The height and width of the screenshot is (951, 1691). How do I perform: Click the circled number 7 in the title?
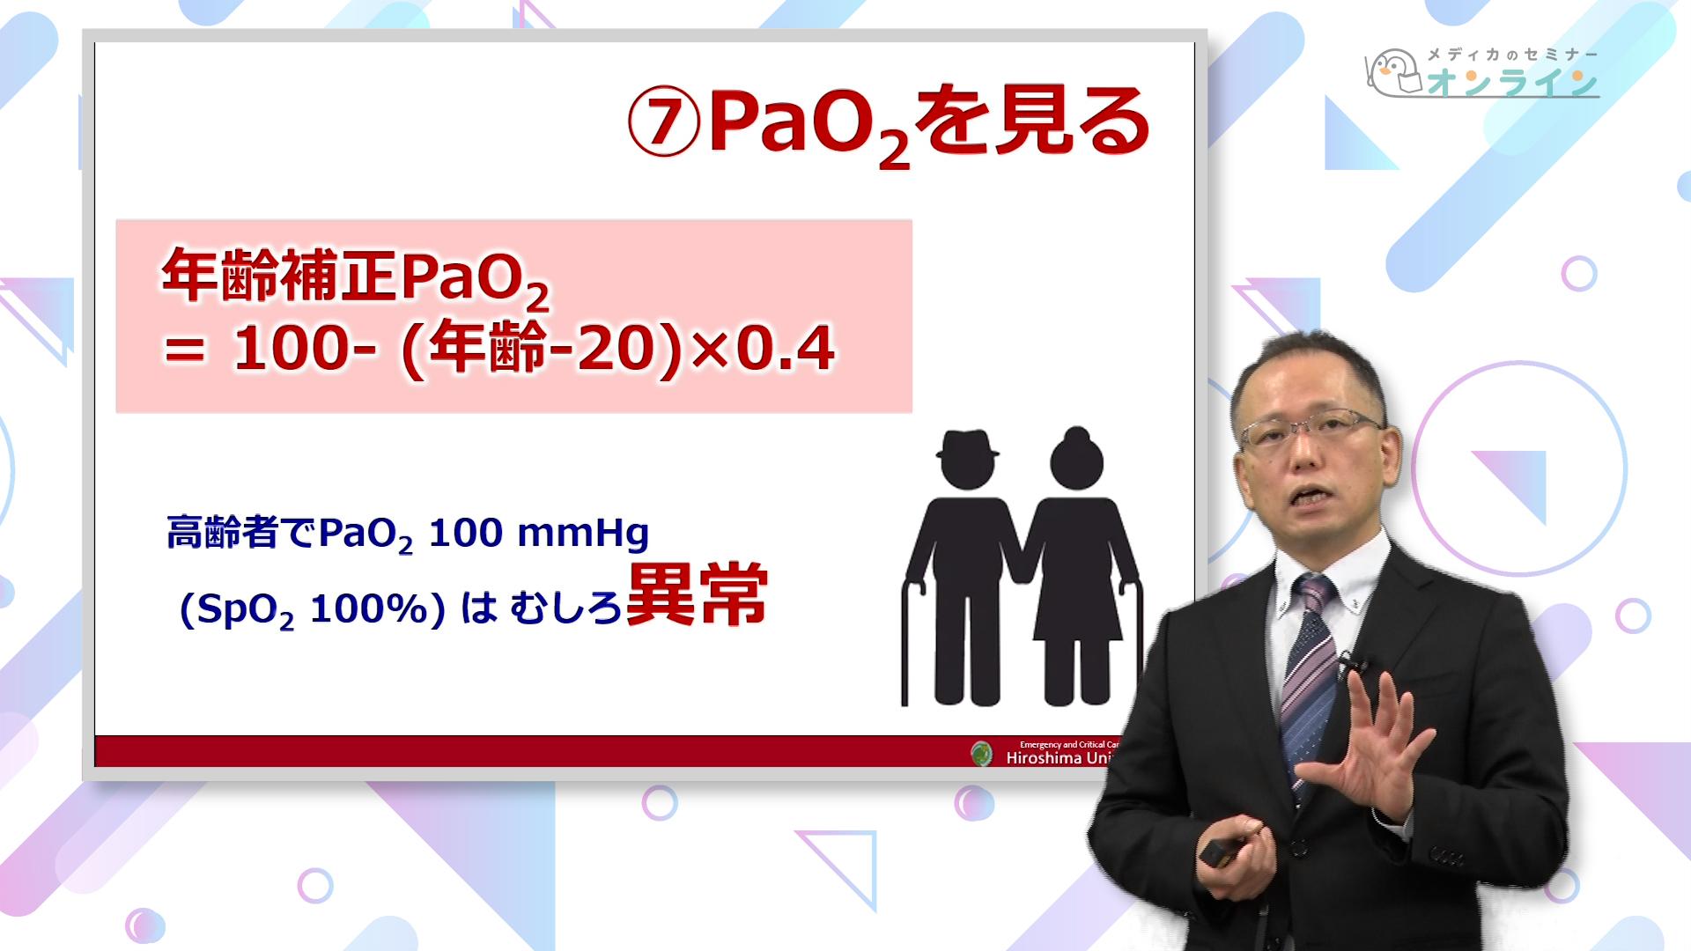click(x=663, y=122)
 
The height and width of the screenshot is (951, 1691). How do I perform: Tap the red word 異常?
click(x=697, y=595)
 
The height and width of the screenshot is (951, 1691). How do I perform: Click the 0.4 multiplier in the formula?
click(x=785, y=349)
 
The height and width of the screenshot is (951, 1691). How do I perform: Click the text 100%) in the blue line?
click(x=378, y=608)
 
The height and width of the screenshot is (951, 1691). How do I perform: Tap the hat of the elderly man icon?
click(x=967, y=444)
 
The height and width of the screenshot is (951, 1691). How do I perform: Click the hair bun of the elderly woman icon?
click(x=1077, y=435)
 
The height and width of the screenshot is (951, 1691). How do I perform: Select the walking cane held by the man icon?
click(x=906, y=643)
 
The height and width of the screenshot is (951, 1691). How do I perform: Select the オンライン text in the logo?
click(x=1512, y=83)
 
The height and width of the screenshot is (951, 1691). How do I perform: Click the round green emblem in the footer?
click(x=981, y=753)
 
